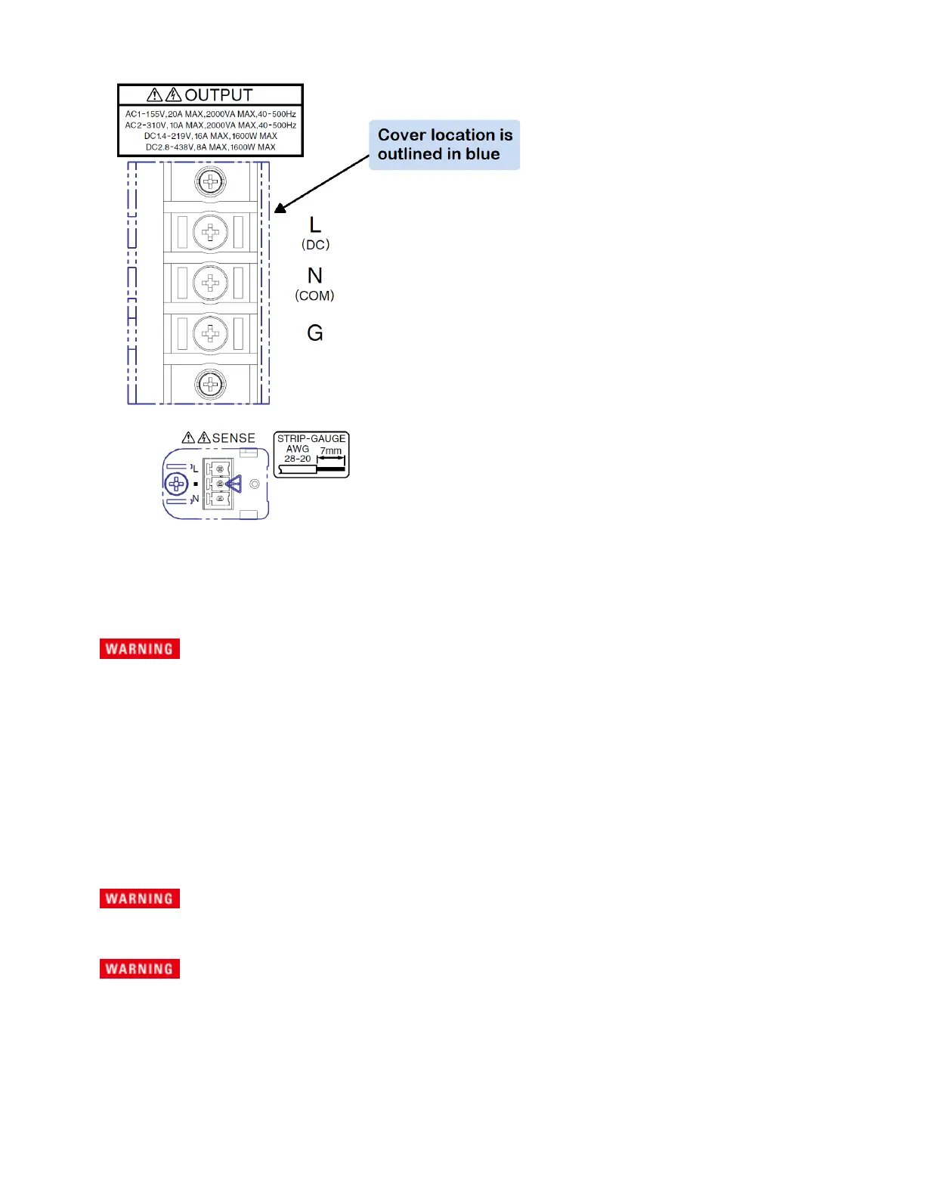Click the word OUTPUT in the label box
[218, 95]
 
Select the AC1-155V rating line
[210, 114]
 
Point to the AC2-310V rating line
[210, 125]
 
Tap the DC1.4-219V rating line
[210, 136]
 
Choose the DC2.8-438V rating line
[210, 147]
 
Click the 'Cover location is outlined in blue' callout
[444, 144]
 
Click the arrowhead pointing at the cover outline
[280, 208]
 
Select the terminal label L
[315, 224]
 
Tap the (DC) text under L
[315, 245]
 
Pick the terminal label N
[315, 276]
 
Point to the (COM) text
[314, 295]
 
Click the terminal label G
[315, 332]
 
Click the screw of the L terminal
[210, 232]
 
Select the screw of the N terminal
[210, 283]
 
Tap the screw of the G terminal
[210, 333]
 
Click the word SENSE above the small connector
[234, 438]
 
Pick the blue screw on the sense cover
[176, 484]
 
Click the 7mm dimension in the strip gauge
[330, 451]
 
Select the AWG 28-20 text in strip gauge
[297, 453]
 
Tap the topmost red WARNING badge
[140, 649]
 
